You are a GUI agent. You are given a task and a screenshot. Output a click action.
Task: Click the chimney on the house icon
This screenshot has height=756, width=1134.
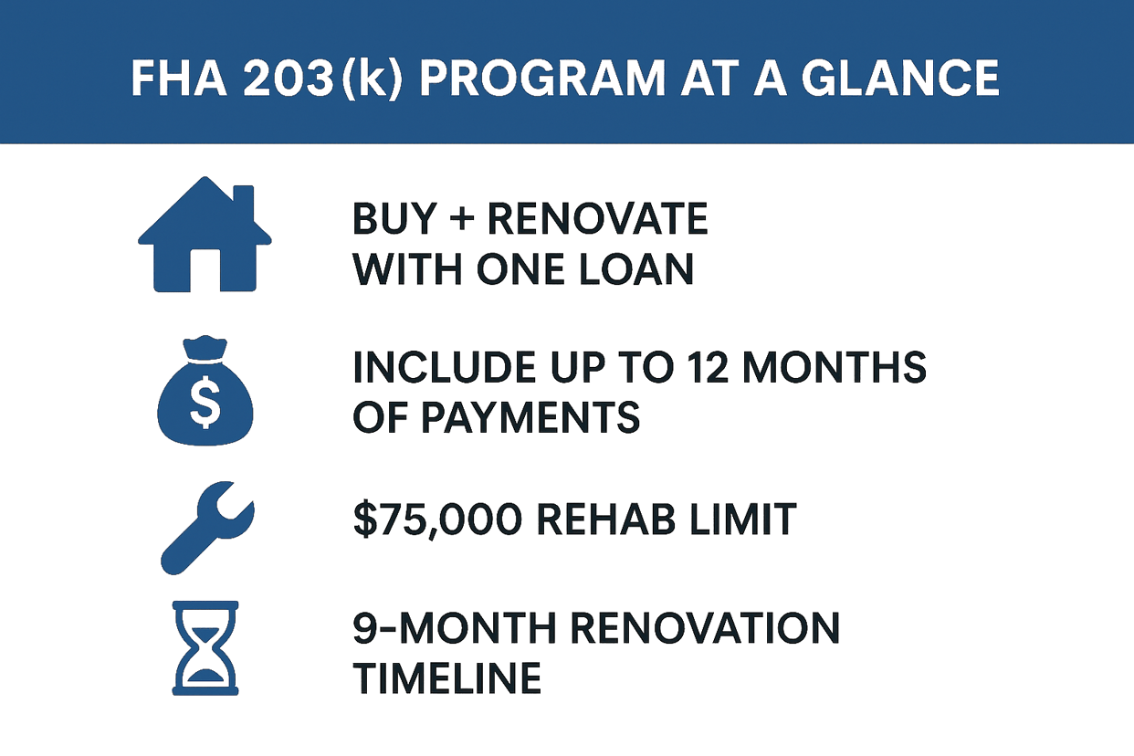tap(243, 203)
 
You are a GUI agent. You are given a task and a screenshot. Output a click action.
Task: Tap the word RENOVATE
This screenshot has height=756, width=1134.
tap(599, 220)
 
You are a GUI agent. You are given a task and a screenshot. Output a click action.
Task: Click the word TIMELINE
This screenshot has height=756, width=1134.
tap(447, 678)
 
